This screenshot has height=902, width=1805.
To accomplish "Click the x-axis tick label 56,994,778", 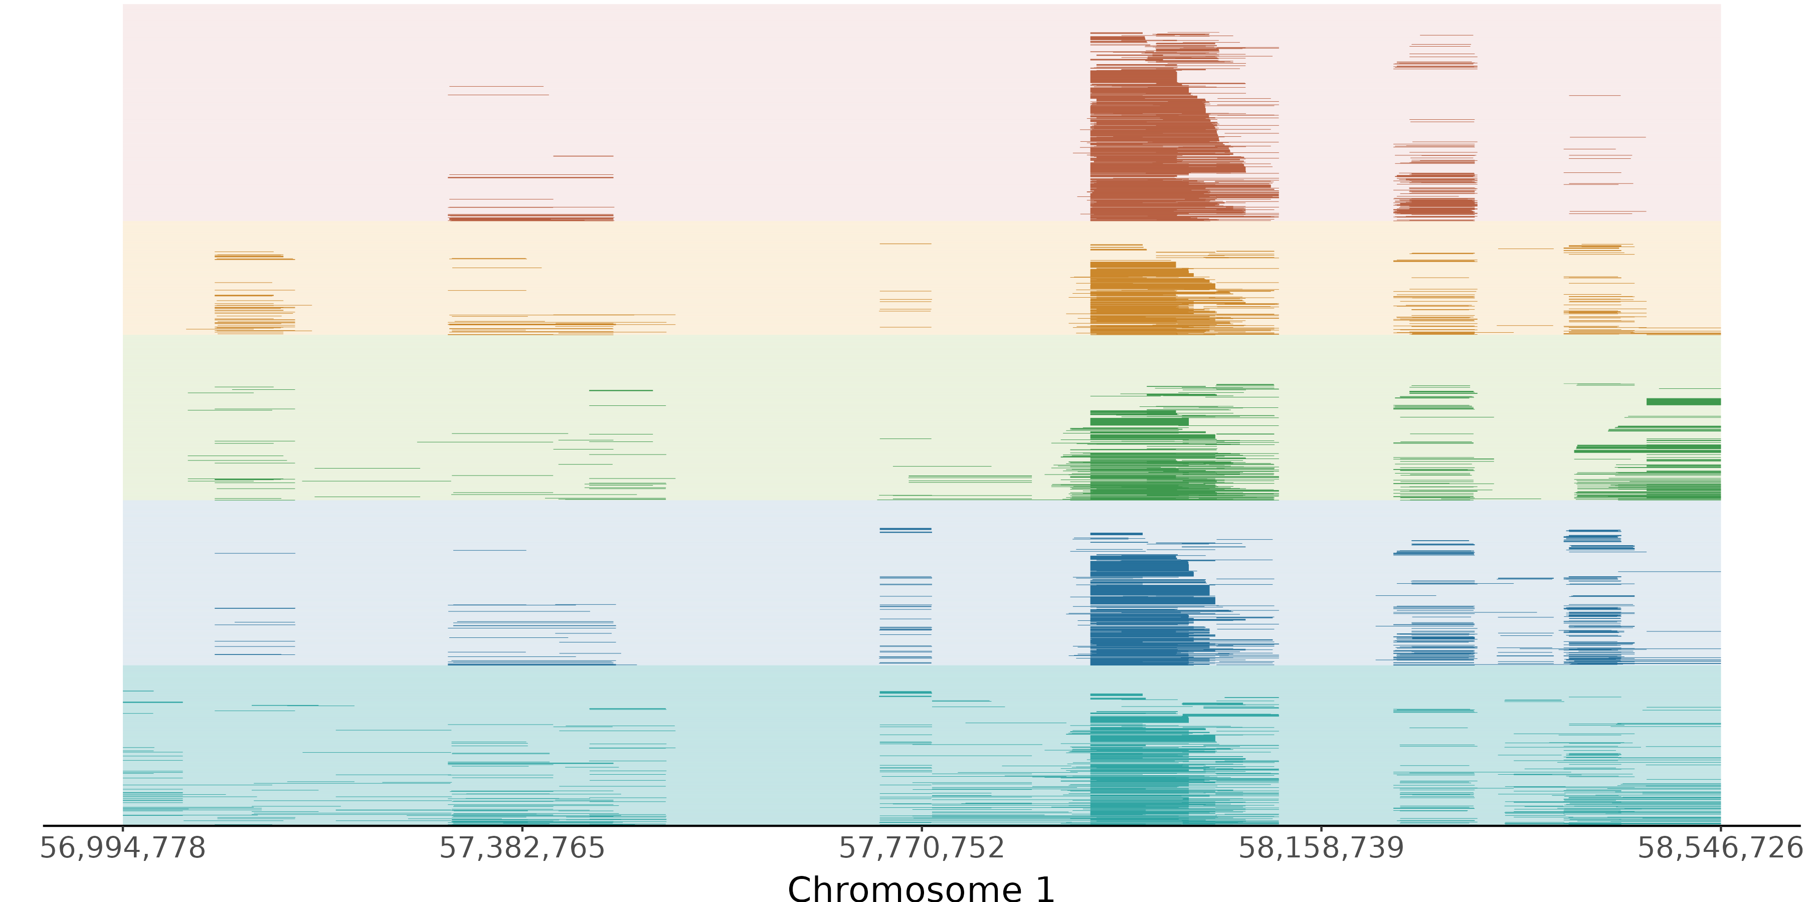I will (123, 848).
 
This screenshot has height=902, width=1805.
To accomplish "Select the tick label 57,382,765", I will (522, 848).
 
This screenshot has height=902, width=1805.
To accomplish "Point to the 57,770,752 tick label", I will (922, 848).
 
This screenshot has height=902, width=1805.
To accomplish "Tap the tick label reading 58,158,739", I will (1322, 848).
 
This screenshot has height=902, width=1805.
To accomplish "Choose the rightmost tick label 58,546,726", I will (1720, 848).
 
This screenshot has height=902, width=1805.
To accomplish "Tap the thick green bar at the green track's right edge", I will (1683, 402).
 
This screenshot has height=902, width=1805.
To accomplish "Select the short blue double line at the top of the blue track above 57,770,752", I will (906, 530).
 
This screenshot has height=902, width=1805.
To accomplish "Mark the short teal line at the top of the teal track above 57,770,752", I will (906, 694).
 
